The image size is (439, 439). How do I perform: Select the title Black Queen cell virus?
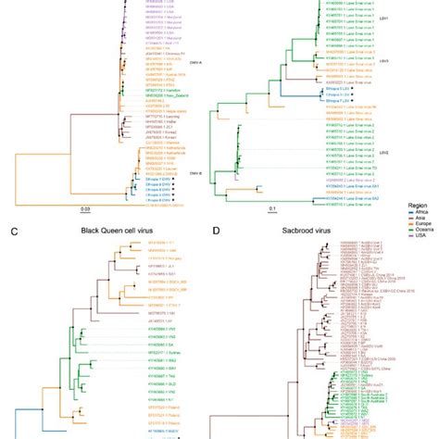(x=89, y=248)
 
